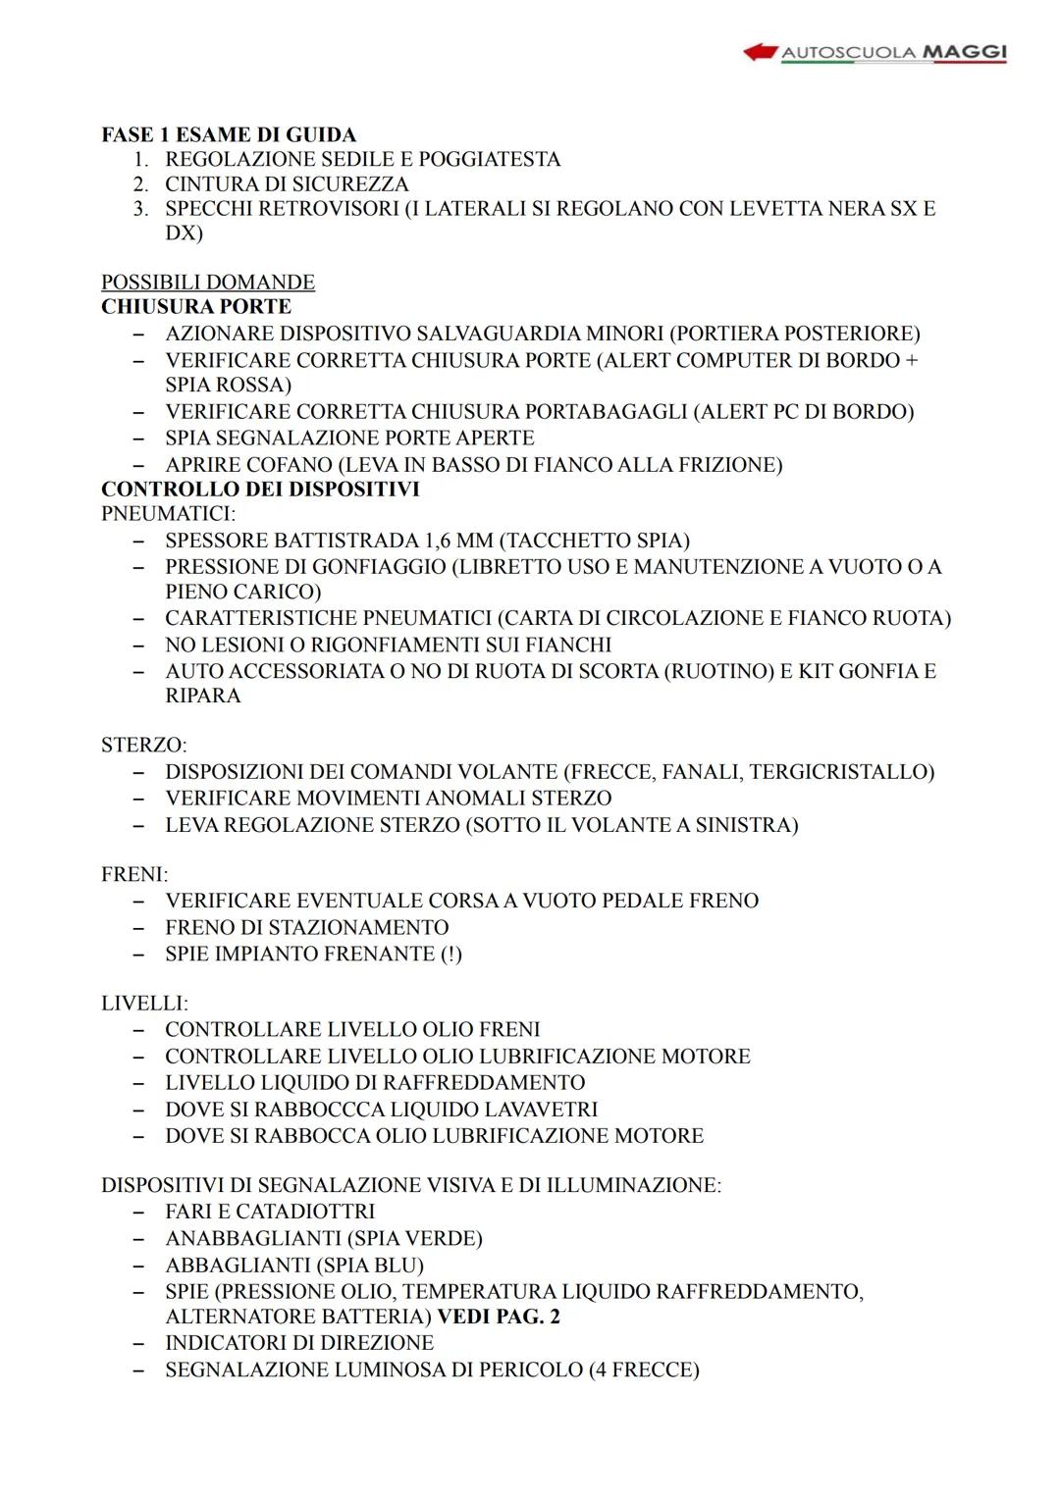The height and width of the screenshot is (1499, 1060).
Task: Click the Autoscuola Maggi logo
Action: (874, 52)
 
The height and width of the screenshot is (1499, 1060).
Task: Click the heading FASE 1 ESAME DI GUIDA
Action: (229, 134)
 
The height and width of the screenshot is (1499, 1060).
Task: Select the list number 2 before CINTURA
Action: (141, 183)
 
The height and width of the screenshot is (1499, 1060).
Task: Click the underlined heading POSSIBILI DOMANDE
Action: (208, 283)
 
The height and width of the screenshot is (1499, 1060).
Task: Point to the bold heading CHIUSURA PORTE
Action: (196, 306)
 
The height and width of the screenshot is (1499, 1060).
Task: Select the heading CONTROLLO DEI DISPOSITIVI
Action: (260, 489)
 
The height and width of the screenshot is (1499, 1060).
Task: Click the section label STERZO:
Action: (144, 746)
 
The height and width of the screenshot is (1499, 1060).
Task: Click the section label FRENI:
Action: (134, 874)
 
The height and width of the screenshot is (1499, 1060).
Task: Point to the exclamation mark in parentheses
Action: (450, 954)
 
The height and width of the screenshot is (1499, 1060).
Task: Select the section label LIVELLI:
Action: (144, 1004)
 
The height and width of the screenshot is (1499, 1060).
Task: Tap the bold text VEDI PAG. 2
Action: (499, 1317)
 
